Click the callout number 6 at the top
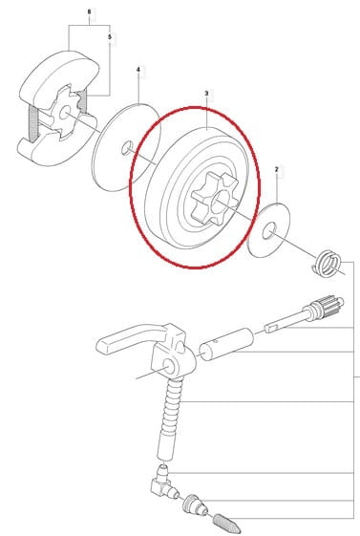point(90,12)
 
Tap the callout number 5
point(110,37)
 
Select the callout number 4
point(138,70)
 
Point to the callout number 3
point(206,93)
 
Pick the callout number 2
point(277,169)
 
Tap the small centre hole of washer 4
point(127,147)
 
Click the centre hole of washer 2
point(268,231)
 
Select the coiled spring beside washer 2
point(328,263)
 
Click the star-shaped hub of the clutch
point(63,113)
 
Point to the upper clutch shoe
point(58,78)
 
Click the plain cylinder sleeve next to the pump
point(226,344)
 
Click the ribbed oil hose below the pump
point(172,419)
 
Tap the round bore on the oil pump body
point(170,366)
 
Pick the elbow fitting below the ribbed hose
point(163,482)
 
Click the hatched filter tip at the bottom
point(227,523)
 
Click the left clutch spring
point(32,124)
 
